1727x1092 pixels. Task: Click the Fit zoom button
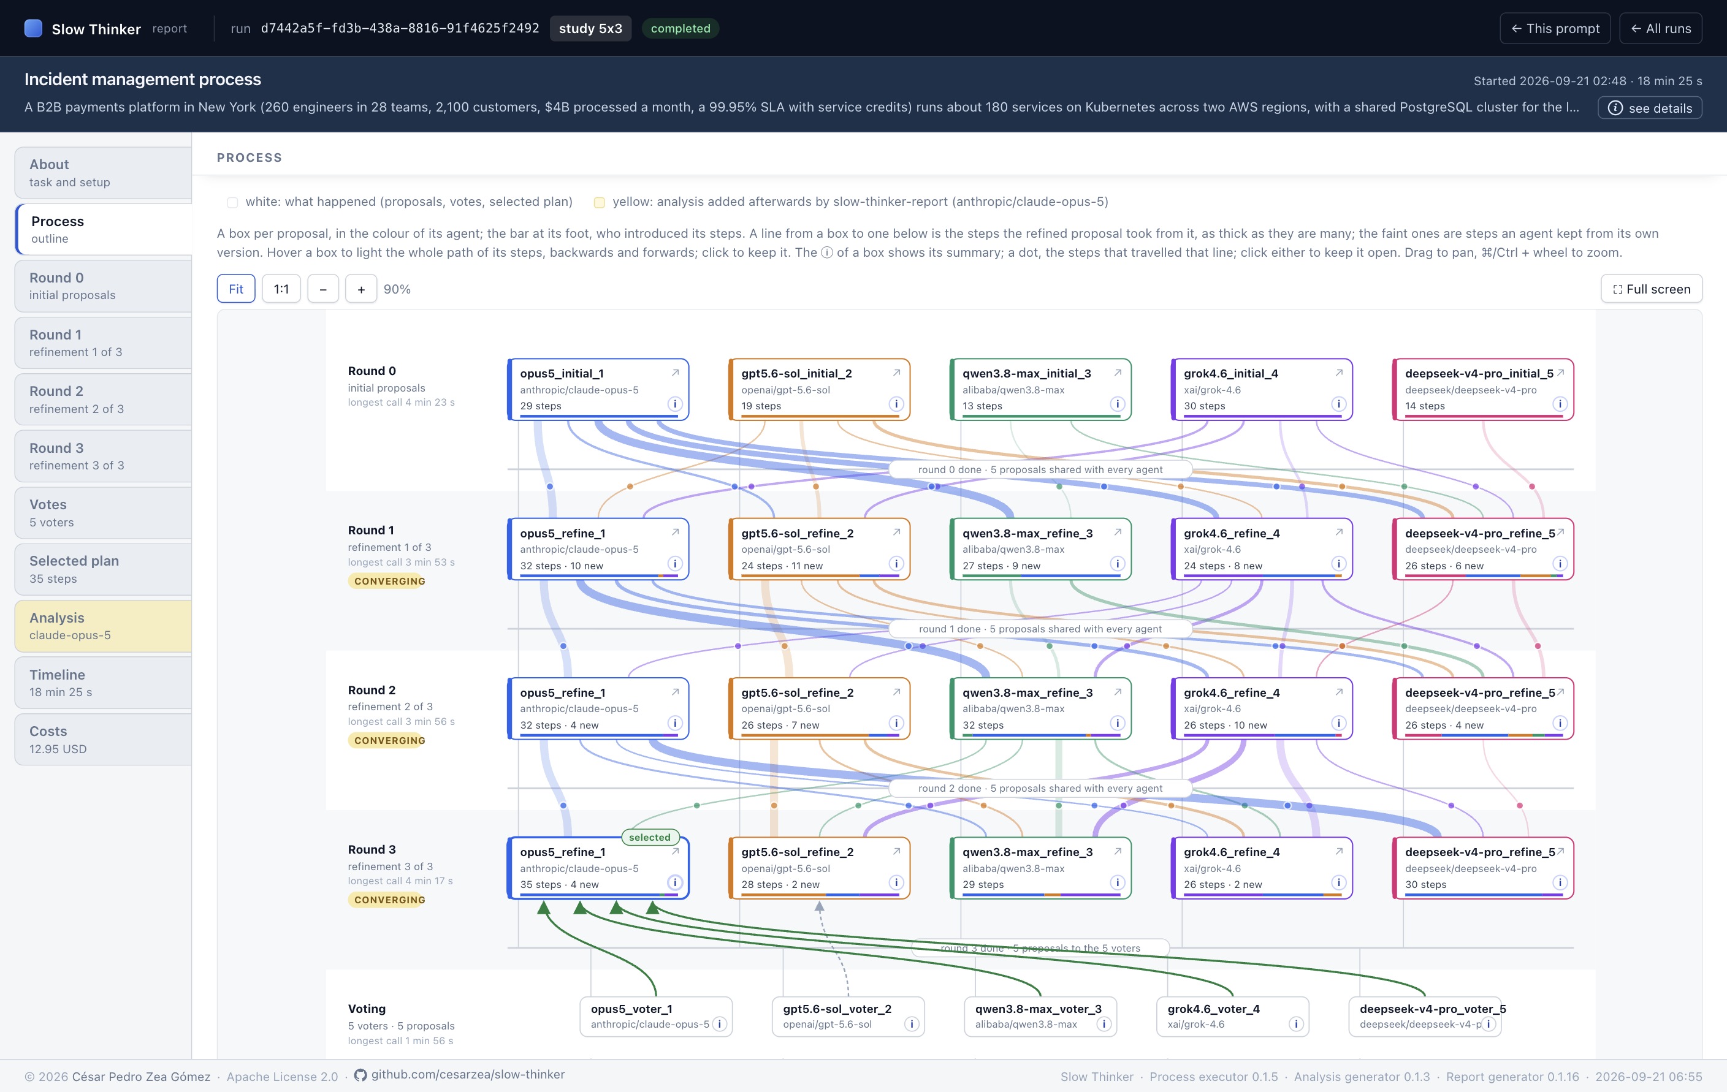point(236,289)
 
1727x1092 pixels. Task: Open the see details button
point(1650,108)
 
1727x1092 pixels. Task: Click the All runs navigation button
point(1660,29)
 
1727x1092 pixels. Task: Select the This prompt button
point(1555,29)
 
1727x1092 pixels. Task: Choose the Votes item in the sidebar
point(103,513)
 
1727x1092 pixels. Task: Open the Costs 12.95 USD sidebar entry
point(103,739)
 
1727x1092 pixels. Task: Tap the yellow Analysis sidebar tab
point(103,626)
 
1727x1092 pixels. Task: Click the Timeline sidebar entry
point(103,683)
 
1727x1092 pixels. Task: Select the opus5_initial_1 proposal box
point(598,389)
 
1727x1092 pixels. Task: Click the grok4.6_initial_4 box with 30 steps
point(1262,389)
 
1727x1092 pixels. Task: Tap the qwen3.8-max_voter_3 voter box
point(1040,1016)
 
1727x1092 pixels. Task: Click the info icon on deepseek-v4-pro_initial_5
point(1560,404)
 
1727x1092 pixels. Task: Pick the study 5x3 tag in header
point(590,29)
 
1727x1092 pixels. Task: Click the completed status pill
point(681,29)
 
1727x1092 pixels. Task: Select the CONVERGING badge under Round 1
point(389,581)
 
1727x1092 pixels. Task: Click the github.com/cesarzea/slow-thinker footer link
point(468,1074)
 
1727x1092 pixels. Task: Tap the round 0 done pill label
point(1040,469)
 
